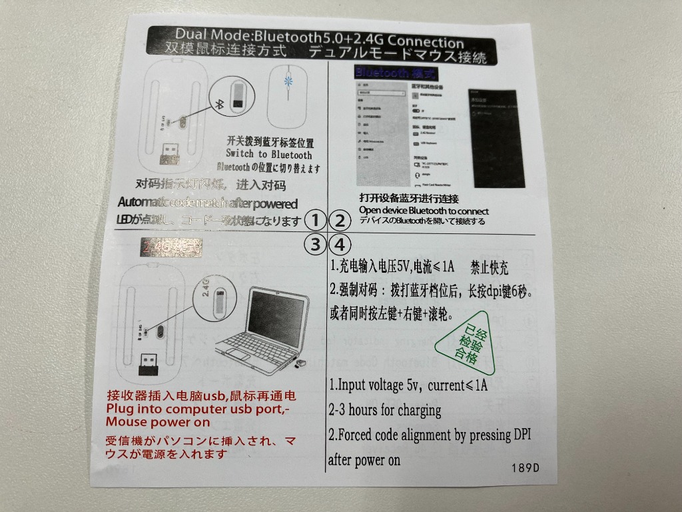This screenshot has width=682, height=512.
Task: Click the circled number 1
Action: click(x=316, y=221)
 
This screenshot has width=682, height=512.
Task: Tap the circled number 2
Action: click(x=340, y=221)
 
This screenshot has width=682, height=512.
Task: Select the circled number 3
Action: click(x=316, y=243)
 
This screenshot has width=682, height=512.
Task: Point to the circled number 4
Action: click(x=340, y=243)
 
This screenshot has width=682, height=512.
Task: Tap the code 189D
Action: click(x=525, y=467)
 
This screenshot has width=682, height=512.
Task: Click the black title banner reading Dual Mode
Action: click(x=322, y=45)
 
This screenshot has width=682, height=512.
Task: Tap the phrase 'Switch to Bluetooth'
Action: click(x=269, y=155)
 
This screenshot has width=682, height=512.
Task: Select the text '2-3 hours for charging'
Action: click(x=385, y=409)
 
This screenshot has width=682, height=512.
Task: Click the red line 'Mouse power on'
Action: click(x=158, y=422)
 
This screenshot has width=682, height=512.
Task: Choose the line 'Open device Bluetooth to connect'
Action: click(x=424, y=210)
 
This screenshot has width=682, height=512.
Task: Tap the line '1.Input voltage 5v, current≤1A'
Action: click(x=409, y=385)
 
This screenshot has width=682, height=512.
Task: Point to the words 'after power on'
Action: click(x=364, y=459)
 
